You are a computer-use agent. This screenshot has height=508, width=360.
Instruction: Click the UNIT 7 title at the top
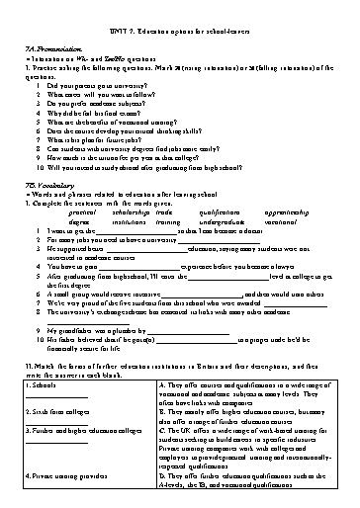click(179, 12)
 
